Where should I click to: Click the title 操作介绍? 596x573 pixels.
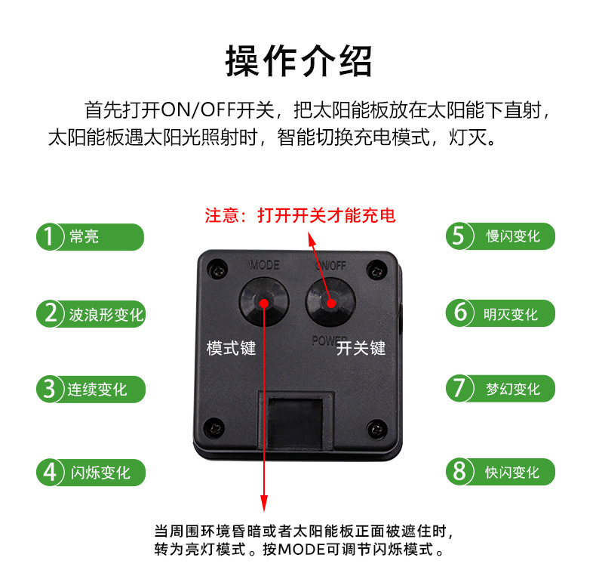tap(298, 61)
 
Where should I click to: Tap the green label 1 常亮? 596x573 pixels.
tap(90, 236)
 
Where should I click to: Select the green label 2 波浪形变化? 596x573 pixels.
tap(91, 314)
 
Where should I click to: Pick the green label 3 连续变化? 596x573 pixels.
tap(91, 390)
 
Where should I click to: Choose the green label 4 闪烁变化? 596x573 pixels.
tap(91, 473)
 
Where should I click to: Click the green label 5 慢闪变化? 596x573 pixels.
tap(501, 236)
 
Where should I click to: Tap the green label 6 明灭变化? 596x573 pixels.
tap(501, 313)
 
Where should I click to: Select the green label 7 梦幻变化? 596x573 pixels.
tap(501, 389)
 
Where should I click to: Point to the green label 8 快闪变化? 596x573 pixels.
tap(501, 472)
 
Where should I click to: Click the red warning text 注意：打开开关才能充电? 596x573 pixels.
tap(300, 215)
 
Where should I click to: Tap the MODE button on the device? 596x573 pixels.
tap(264, 302)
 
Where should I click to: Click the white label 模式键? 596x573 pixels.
tap(231, 348)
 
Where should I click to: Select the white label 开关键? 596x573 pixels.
tap(361, 348)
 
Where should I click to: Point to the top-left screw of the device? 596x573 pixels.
tap(217, 270)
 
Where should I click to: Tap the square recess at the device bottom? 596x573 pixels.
tap(296, 422)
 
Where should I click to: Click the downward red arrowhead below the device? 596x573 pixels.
tap(264, 504)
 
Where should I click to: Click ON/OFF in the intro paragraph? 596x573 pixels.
tap(198, 110)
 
